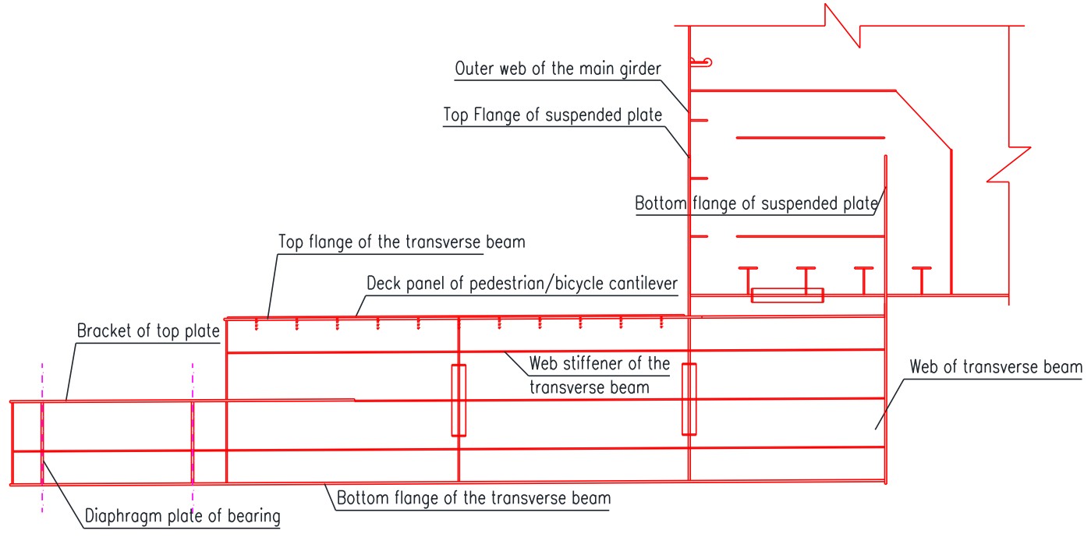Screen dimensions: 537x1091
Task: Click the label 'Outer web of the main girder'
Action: pyautogui.click(x=558, y=69)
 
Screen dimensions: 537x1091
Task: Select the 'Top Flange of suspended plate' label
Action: pyautogui.click(x=552, y=115)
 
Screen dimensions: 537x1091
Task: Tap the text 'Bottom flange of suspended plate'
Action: pyautogui.click(x=756, y=204)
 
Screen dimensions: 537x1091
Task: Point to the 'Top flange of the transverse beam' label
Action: pyautogui.click(x=402, y=242)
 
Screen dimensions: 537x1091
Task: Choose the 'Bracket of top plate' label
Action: pyautogui.click(x=148, y=330)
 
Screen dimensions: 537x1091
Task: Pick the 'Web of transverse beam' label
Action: pyautogui.click(x=997, y=366)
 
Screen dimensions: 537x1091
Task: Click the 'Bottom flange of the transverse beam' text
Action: pyautogui.click(x=473, y=497)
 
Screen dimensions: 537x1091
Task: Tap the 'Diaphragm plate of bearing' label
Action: pyautogui.click(x=181, y=515)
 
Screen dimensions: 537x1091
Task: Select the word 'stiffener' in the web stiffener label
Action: pyautogui.click(x=607, y=363)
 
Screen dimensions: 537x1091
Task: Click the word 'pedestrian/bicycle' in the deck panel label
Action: pyautogui.click(x=530, y=282)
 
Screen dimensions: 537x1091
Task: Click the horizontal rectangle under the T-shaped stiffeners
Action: pyautogui.click(x=787, y=295)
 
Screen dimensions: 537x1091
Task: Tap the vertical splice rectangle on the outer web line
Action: pyautogui.click(x=689, y=398)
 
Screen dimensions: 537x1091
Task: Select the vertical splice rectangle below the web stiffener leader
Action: pyautogui.click(x=459, y=400)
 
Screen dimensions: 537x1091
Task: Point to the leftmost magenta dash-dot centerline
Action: pyautogui.click(x=42, y=436)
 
